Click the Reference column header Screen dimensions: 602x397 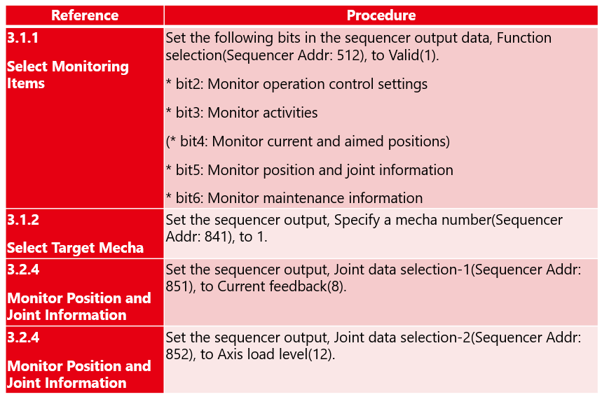pyautogui.click(x=85, y=15)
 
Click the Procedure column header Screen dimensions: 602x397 pyautogui.click(x=381, y=15)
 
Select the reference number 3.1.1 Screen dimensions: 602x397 pyautogui.click(x=22, y=38)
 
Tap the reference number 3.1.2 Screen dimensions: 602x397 pyautogui.click(x=23, y=220)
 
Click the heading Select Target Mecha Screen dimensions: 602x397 pyautogui.click(x=75, y=248)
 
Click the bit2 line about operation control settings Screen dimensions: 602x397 pyautogui.click(x=296, y=84)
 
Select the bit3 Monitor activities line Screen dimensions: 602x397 pyautogui.click(x=242, y=113)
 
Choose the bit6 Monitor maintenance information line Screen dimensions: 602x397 pyautogui.click(x=294, y=198)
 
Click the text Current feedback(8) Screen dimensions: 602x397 pyautogui.click(x=282, y=286)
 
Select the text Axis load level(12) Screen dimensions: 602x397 pyautogui.click(x=276, y=354)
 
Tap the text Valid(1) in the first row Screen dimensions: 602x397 pyautogui.click(x=413, y=55)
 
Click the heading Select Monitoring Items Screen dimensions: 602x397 pyautogui.click(x=67, y=75)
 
